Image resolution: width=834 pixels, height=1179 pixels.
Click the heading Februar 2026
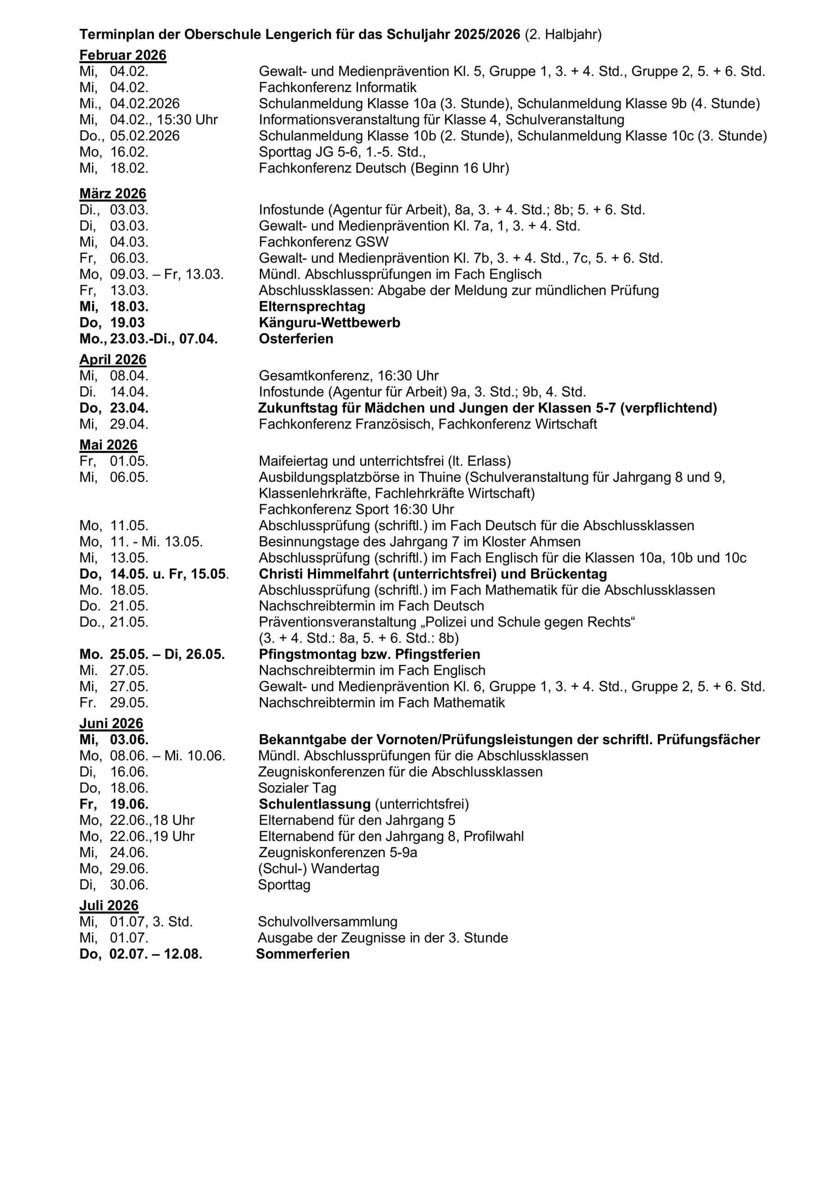(123, 55)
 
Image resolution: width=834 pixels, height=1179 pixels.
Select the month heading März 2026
(112, 193)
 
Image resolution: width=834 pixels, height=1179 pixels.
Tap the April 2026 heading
(112, 359)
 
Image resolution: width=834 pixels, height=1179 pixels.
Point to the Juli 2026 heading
(109, 905)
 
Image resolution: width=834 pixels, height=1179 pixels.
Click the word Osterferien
(296, 339)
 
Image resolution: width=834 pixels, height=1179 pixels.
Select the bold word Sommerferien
(303, 954)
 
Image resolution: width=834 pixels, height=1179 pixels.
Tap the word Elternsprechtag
(312, 307)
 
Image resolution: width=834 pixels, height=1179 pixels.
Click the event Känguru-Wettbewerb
(329, 322)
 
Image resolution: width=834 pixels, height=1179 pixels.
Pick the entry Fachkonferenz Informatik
(338, 88)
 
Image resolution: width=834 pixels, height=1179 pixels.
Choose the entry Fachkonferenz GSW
(324, 242)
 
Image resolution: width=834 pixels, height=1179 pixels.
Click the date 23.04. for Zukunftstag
(129, 408)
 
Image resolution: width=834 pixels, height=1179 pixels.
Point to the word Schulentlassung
(315, 804)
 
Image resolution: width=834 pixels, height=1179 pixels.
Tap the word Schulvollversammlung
(327, 921)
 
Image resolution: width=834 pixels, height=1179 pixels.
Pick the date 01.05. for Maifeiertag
(129, 461)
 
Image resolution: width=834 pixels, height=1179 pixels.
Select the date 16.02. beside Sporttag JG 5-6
(129, 152)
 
